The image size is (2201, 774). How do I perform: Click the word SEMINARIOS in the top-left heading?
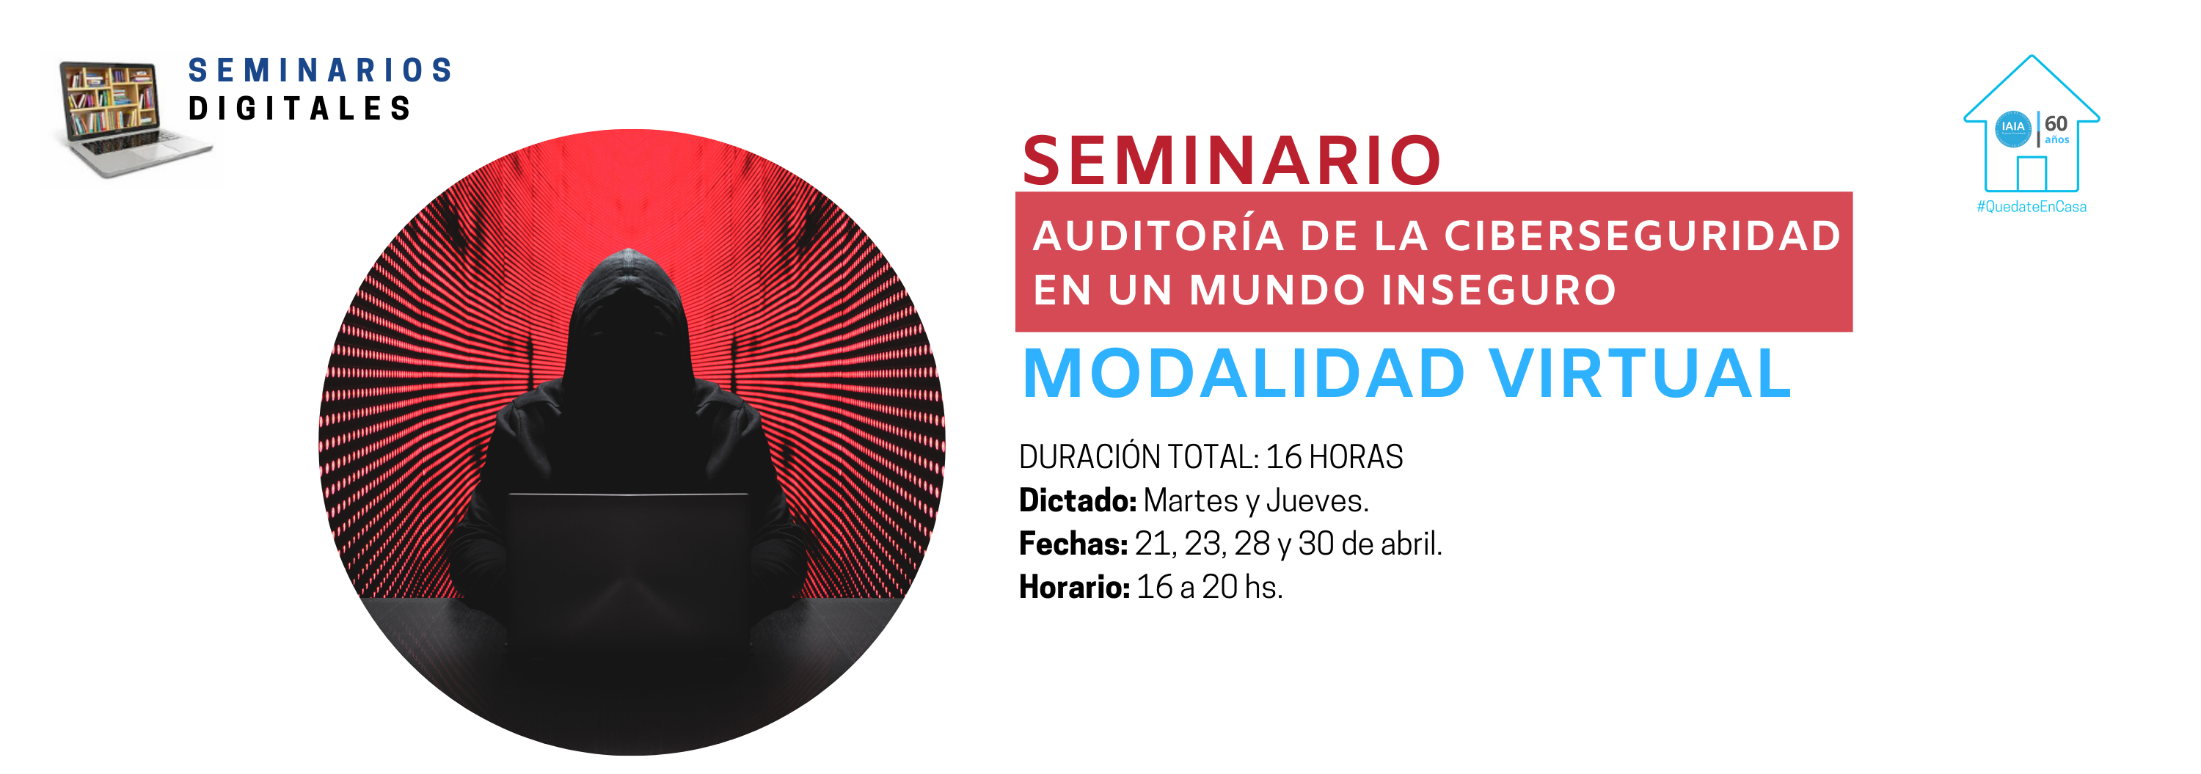320,70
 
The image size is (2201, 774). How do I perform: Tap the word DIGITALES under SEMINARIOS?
300,109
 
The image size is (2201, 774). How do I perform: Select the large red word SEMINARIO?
1231,161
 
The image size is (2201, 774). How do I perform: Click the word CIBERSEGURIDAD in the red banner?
1641,236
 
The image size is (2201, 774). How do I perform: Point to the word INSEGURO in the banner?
1499,290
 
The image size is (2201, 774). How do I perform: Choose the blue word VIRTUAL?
1640,373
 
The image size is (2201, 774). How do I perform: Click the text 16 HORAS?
1334,457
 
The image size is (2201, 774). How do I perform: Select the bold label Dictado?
1078,500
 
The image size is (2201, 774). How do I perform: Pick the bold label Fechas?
1073,544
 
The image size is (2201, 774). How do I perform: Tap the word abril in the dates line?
1412,544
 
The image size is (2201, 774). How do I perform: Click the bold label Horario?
1075,587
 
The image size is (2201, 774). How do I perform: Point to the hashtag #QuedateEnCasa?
2031,207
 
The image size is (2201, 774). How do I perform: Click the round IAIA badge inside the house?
2013,128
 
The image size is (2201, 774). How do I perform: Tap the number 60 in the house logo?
2056,124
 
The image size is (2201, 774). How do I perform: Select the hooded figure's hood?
628,307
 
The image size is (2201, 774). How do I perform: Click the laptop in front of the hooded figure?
628,564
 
